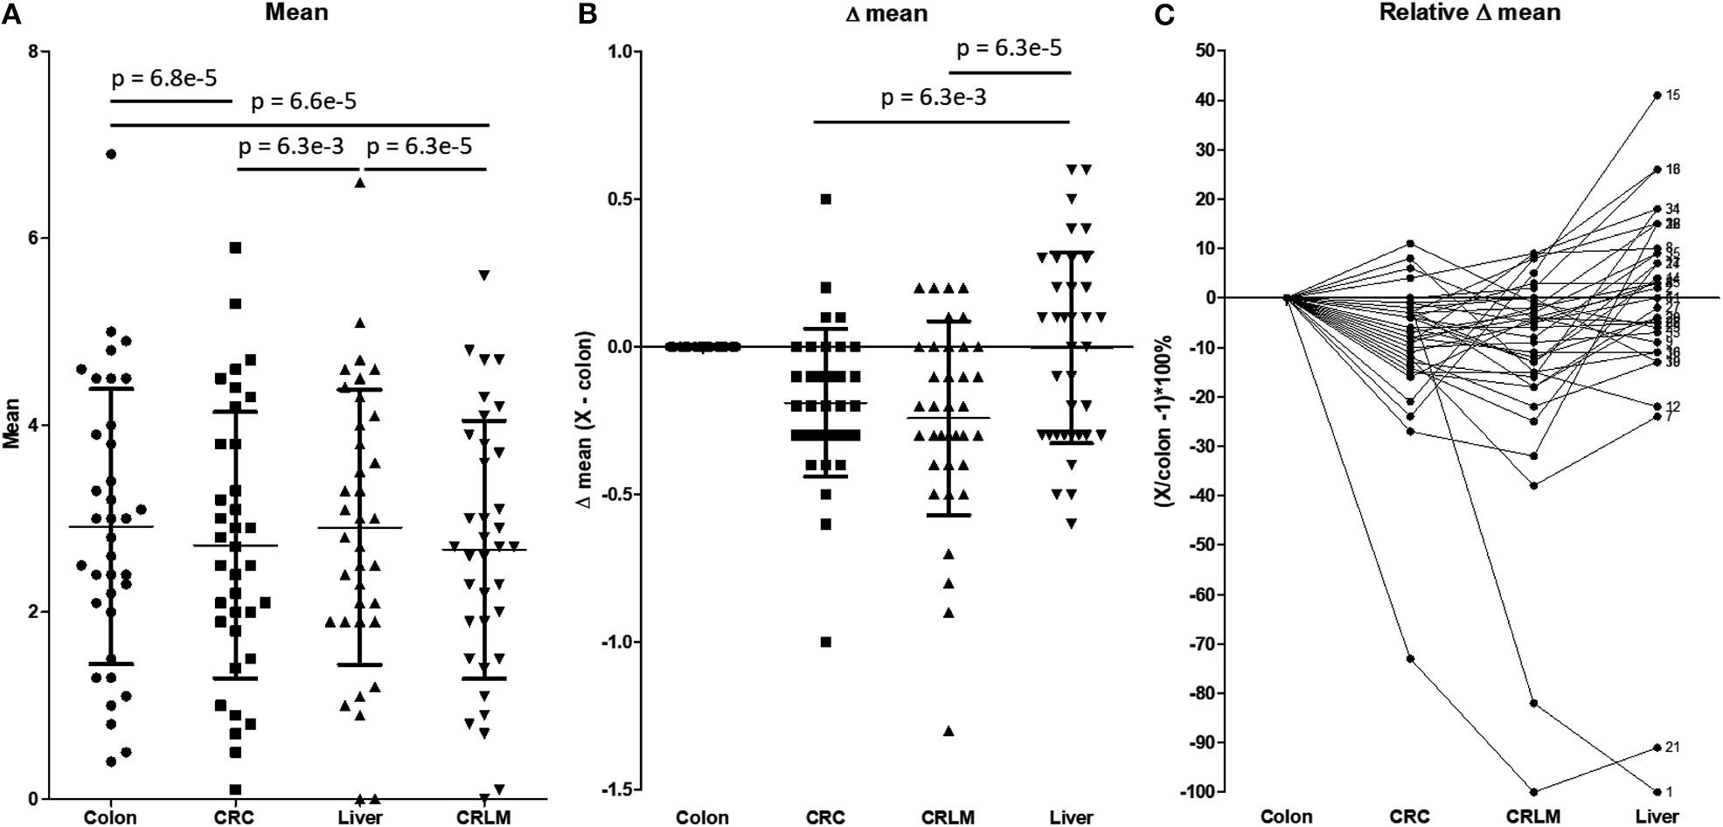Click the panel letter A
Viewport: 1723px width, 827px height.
point(10,15)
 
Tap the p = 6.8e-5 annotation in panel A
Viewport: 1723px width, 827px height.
point(163,79)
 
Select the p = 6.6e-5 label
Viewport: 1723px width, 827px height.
point(303,101)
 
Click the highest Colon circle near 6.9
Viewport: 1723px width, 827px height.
point(111,154)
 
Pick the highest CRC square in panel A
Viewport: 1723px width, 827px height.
point(235,247)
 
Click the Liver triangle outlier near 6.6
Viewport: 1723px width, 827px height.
point(359,183)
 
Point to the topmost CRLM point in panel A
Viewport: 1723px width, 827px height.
point(483,275)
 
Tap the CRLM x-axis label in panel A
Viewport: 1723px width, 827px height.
point(483,817)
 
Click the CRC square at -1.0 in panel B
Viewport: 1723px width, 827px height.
point(825,642)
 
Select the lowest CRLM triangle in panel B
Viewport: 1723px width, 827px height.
point(948,731)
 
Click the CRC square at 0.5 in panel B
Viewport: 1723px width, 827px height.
point(825,199)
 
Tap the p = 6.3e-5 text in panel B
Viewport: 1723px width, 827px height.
point(1009,48)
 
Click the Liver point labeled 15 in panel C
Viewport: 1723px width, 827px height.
point(1657,94)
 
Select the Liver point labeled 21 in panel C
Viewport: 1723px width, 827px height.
point(1657,747)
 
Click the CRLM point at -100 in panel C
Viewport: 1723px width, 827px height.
point(1533,791)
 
